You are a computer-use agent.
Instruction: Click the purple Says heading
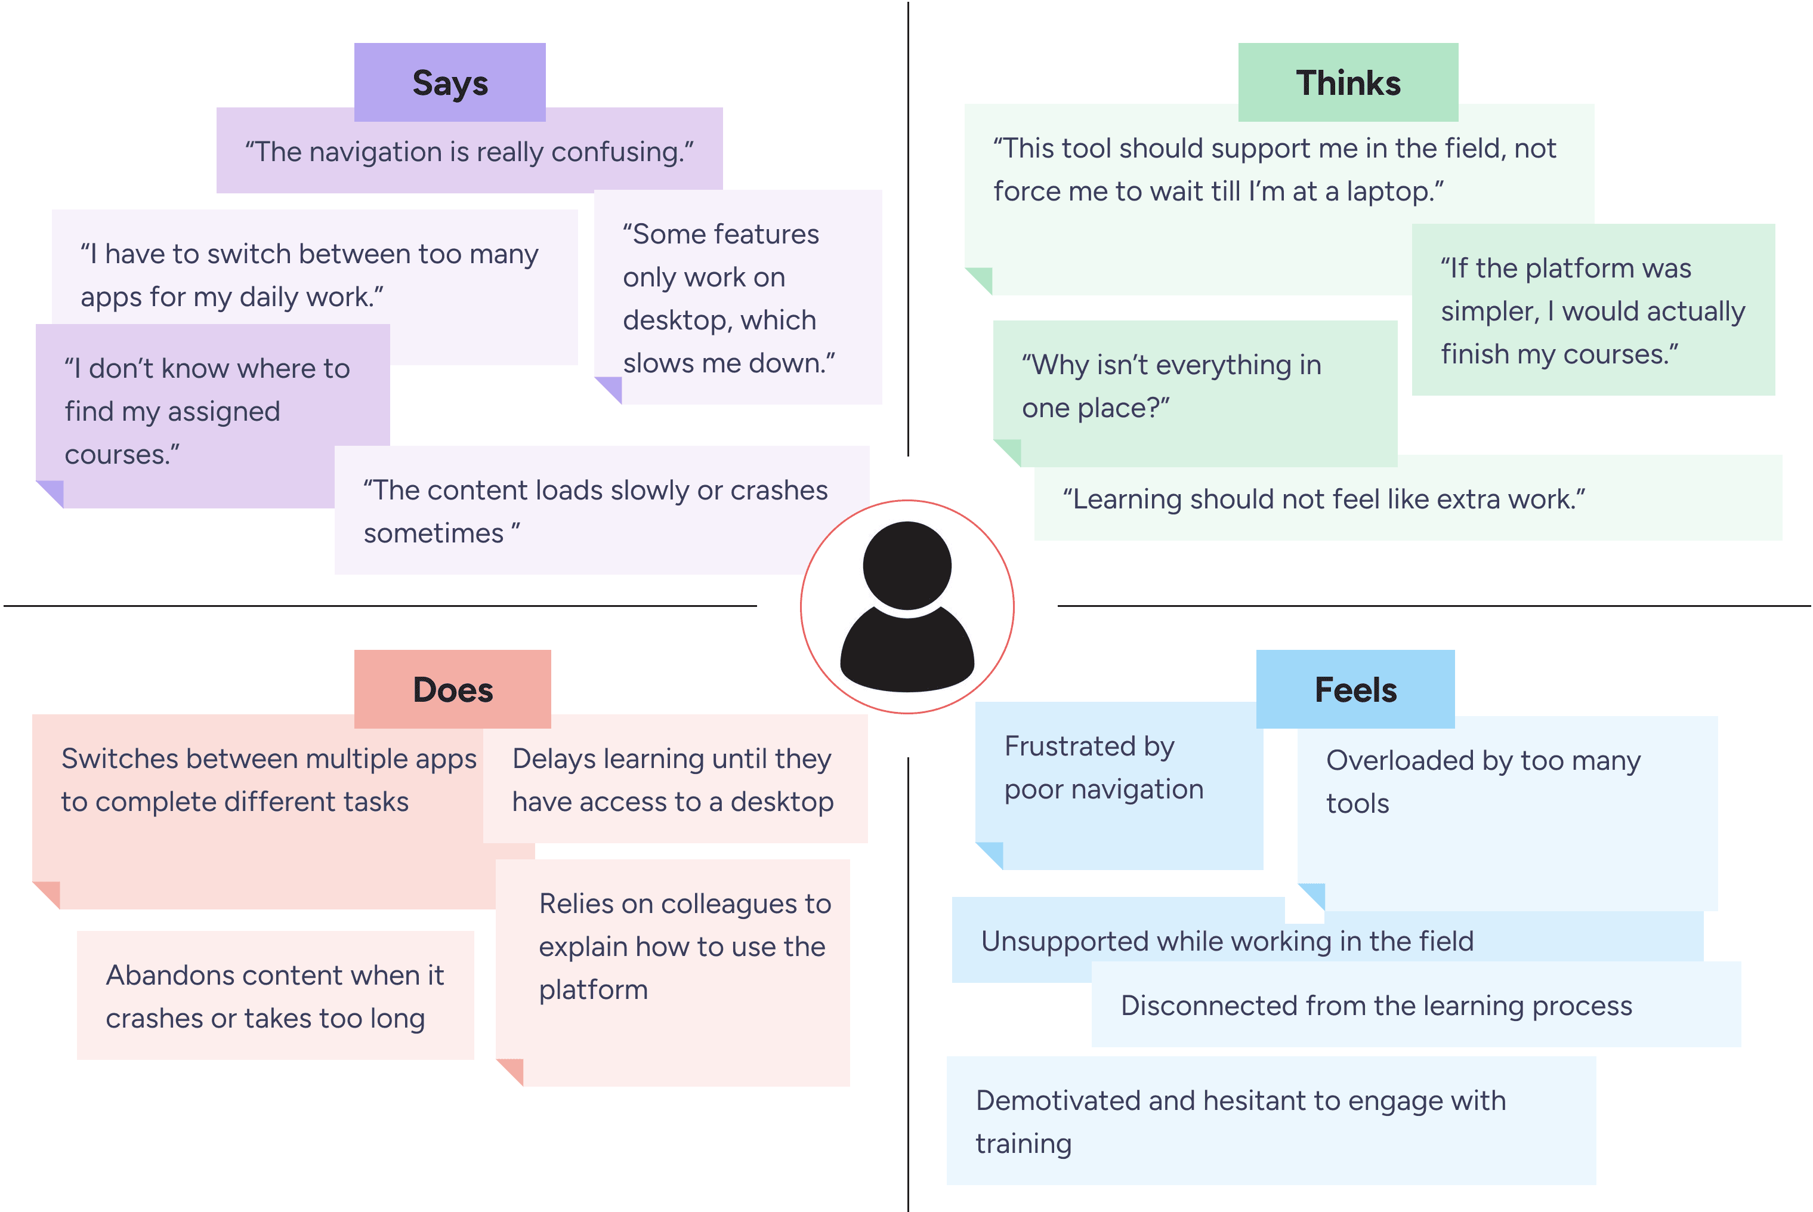(450, 83)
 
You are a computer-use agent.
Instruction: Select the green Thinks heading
(1348, 83)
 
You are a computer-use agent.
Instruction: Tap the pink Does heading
(453, 689)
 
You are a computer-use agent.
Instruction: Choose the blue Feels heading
(1355, 689)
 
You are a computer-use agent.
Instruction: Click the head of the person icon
(907, 566)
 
